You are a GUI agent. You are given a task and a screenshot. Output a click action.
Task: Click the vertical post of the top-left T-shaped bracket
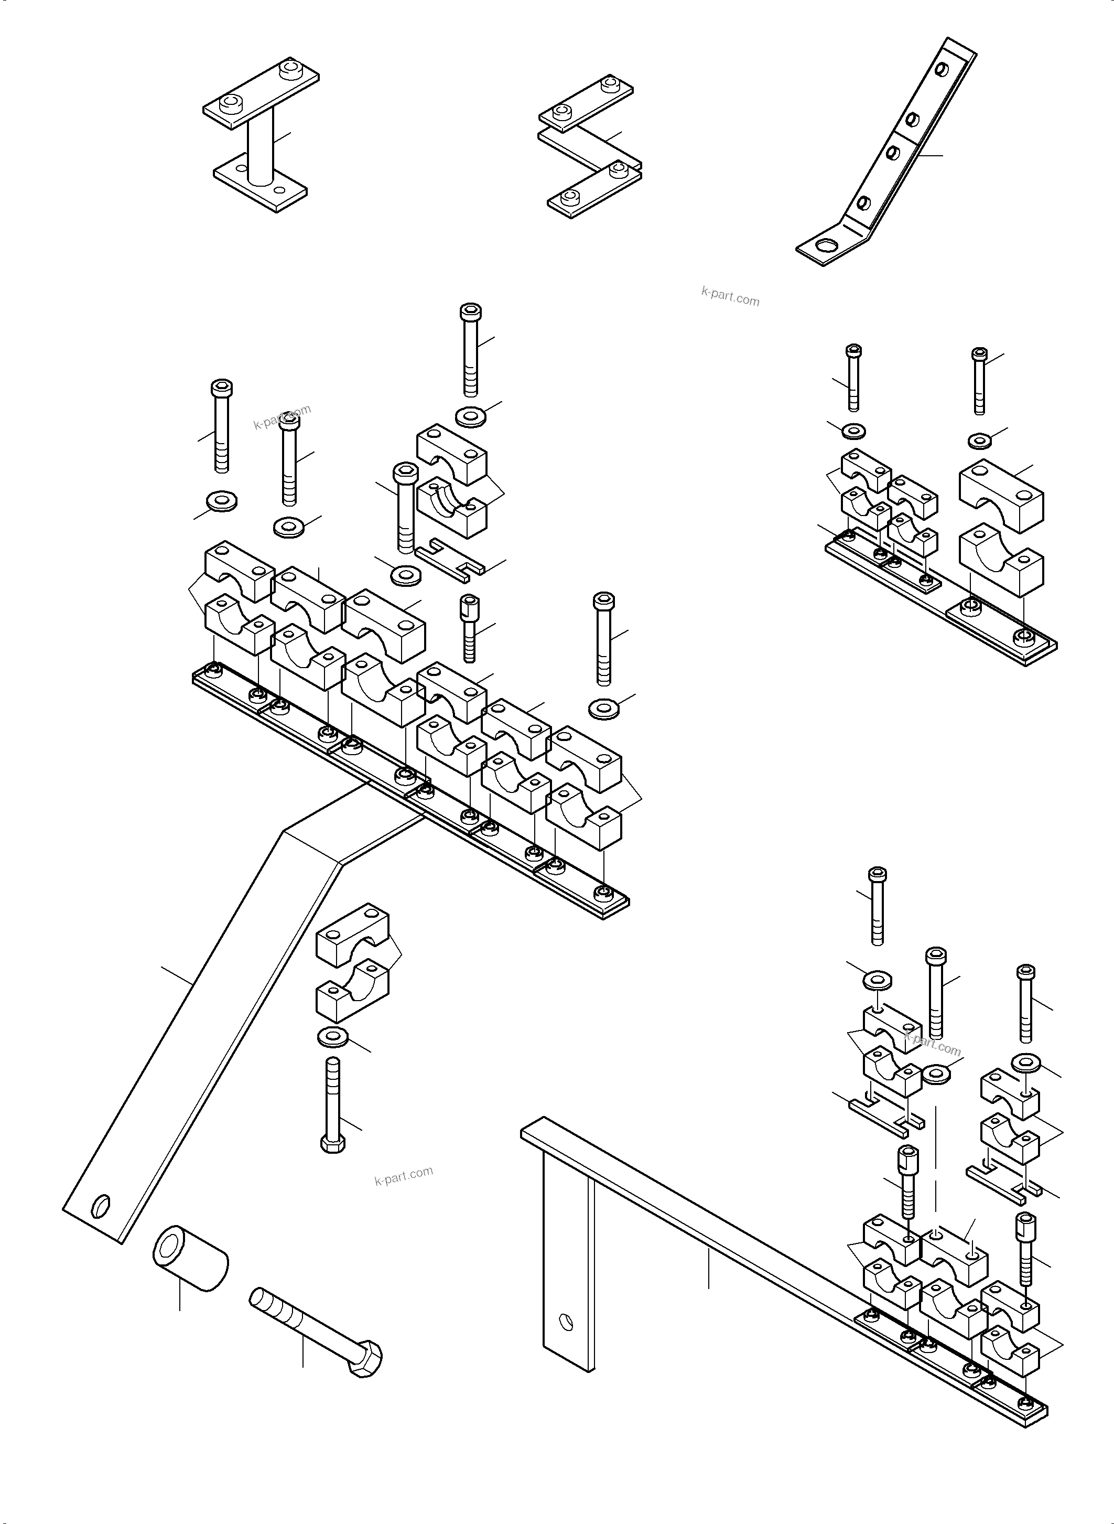tap(261, 148)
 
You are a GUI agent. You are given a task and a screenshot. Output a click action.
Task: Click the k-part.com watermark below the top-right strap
tap(730, 296)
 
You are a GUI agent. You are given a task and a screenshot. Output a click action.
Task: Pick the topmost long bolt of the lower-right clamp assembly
tap(878, 906)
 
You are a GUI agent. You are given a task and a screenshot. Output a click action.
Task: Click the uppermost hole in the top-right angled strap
tap(942, 70)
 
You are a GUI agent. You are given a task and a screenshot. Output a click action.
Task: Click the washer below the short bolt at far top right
tap(979, 441)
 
